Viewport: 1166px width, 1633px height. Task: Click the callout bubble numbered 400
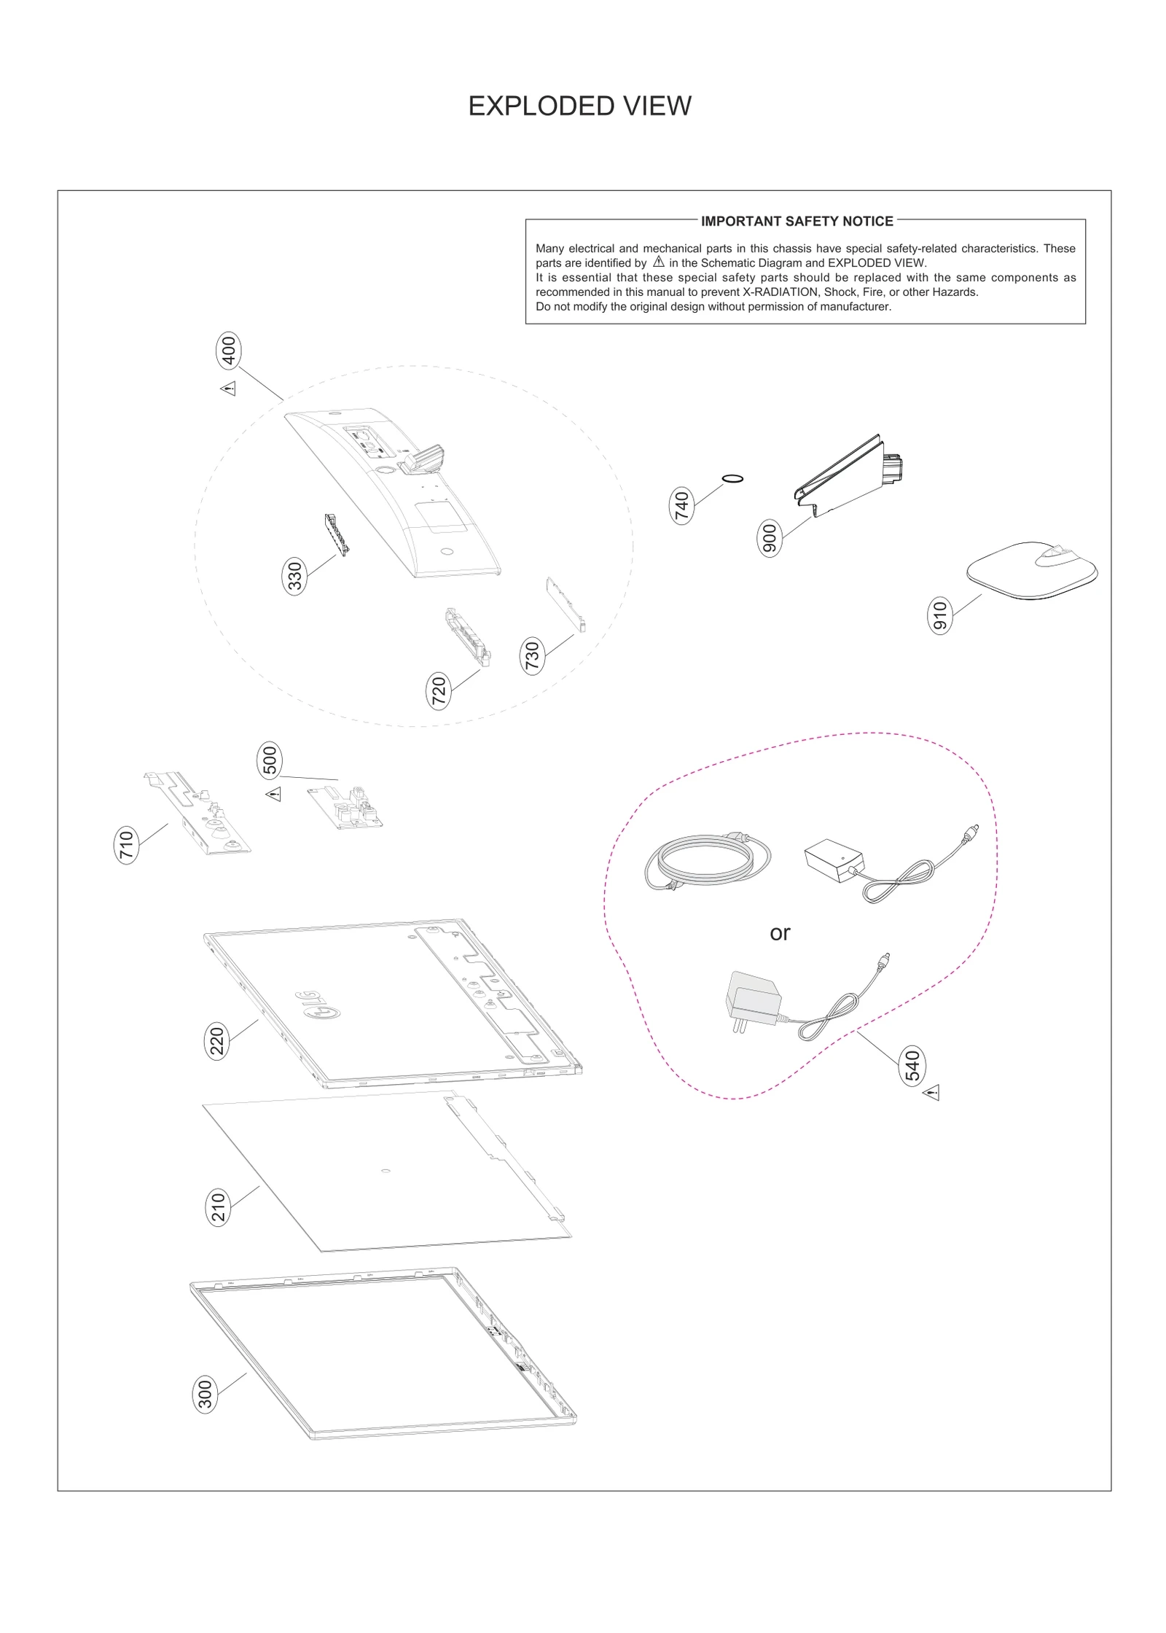(x=229, y=351)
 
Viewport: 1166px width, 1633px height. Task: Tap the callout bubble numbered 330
(x=294, y=577)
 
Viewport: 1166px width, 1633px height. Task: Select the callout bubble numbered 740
(x=681, y=506)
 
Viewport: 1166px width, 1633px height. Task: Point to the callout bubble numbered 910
(x=940, y=616)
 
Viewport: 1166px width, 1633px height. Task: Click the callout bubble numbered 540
(x=912, y=1066)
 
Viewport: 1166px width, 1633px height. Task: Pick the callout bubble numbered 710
(x=127, y=846)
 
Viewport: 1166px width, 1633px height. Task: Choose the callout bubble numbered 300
(x=206, y=1395)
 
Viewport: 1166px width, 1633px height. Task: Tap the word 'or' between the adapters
(x=780, y=933)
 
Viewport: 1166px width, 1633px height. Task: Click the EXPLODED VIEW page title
(x=579, y=106)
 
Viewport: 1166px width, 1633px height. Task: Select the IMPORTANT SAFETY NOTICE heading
(x=797, y=221)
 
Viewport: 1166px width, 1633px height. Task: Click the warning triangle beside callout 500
(x=273, y=794)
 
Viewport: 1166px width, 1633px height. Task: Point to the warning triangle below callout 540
(x=931, y=1093)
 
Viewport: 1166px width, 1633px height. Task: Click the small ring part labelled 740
(x=733, y=479)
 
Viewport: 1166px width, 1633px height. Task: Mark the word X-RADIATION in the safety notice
(x=780, y=292)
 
